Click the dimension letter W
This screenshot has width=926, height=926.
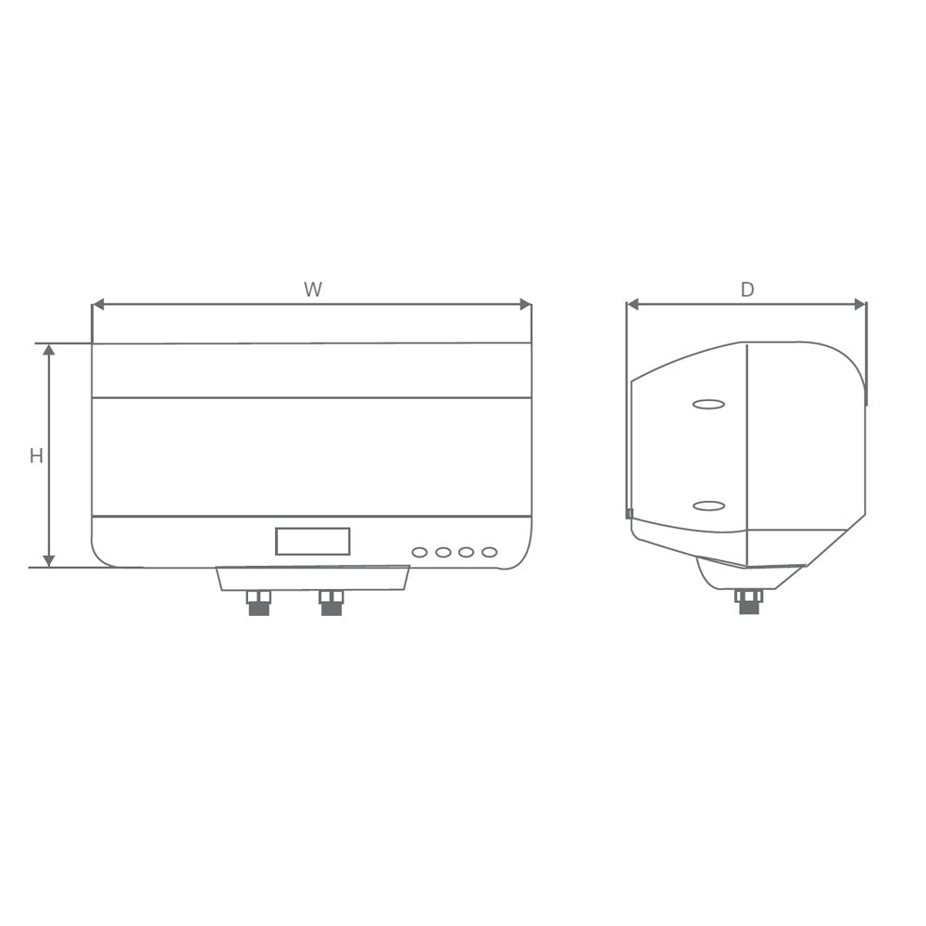click(313, 290)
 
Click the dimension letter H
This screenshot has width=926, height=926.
click(36, 456)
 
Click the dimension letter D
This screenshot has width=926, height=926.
click(747, 290)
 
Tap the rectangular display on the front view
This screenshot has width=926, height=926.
click(312, 541)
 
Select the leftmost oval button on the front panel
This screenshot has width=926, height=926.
click(419, 552)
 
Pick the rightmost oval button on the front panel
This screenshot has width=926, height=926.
click(490, 552)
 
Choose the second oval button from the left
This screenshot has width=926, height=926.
click(444, 552)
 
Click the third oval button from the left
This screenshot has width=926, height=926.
click(467, 552)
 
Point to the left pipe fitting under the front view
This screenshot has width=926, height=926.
click(258, 603)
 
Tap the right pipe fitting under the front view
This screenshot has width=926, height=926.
click(332, 603)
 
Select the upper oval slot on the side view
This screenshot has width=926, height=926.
click(708, 404)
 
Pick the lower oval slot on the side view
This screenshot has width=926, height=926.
click(708, 505)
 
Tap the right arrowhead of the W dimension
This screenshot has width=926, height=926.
click(525, 305)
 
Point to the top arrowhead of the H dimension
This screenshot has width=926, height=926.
click(49, 350)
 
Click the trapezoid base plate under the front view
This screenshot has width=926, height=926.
click(312, 578)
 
